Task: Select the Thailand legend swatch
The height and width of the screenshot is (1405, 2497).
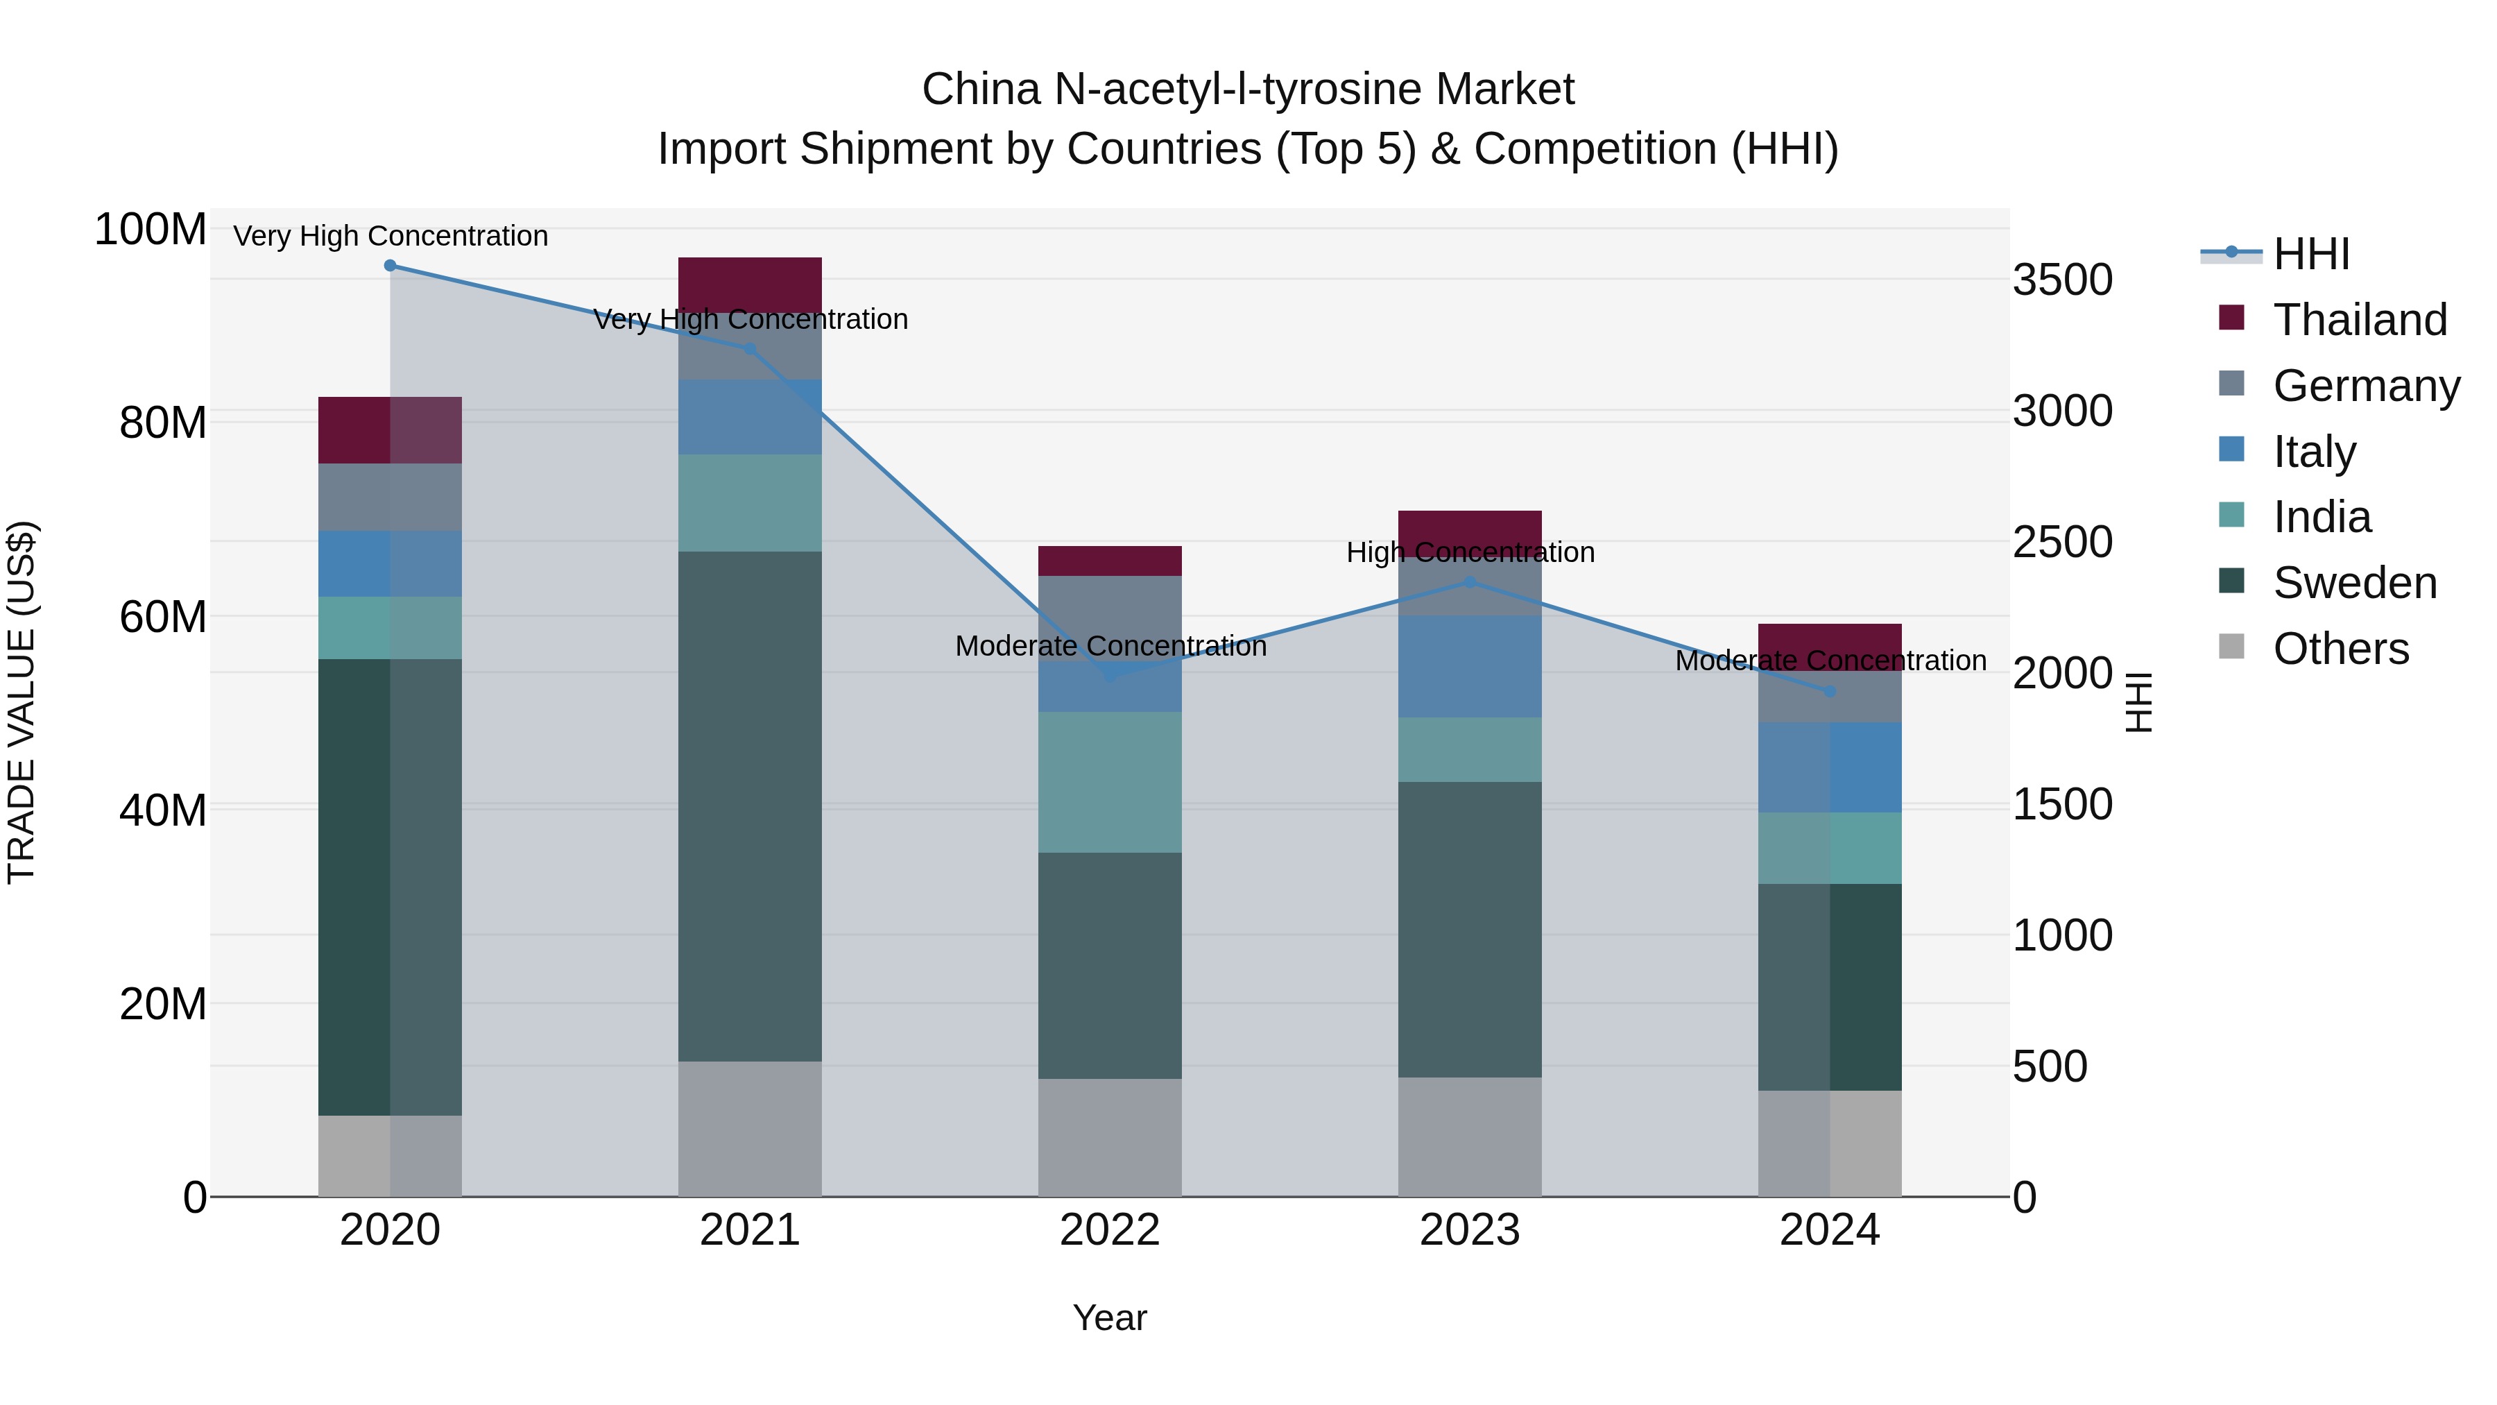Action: tap(2231, 318)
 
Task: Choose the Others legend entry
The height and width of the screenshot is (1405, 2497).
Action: tap(2340, 649)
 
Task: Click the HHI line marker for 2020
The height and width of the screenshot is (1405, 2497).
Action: tap(390, 266)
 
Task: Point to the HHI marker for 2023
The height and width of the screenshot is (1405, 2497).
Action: tap(1470, 582)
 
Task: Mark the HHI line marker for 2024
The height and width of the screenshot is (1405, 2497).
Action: tap(1830, 691)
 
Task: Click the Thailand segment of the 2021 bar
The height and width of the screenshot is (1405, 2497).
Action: tap(749, 283)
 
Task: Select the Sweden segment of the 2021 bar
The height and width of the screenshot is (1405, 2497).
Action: tap(749, 805)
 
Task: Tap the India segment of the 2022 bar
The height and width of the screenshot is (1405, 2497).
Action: tap(1110, 781)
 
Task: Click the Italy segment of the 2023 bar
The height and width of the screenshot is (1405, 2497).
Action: tap(1470, 666)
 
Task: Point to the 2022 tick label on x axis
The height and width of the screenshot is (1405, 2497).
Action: tap(1110, 1230)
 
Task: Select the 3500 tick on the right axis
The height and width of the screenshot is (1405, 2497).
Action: tap(2063, 280)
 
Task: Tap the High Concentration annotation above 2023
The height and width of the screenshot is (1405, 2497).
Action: tap(1470, 553)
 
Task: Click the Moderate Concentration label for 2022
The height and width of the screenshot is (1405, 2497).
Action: tap(1110, 646)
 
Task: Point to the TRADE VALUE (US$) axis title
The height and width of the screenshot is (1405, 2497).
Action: tap(22, 702)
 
